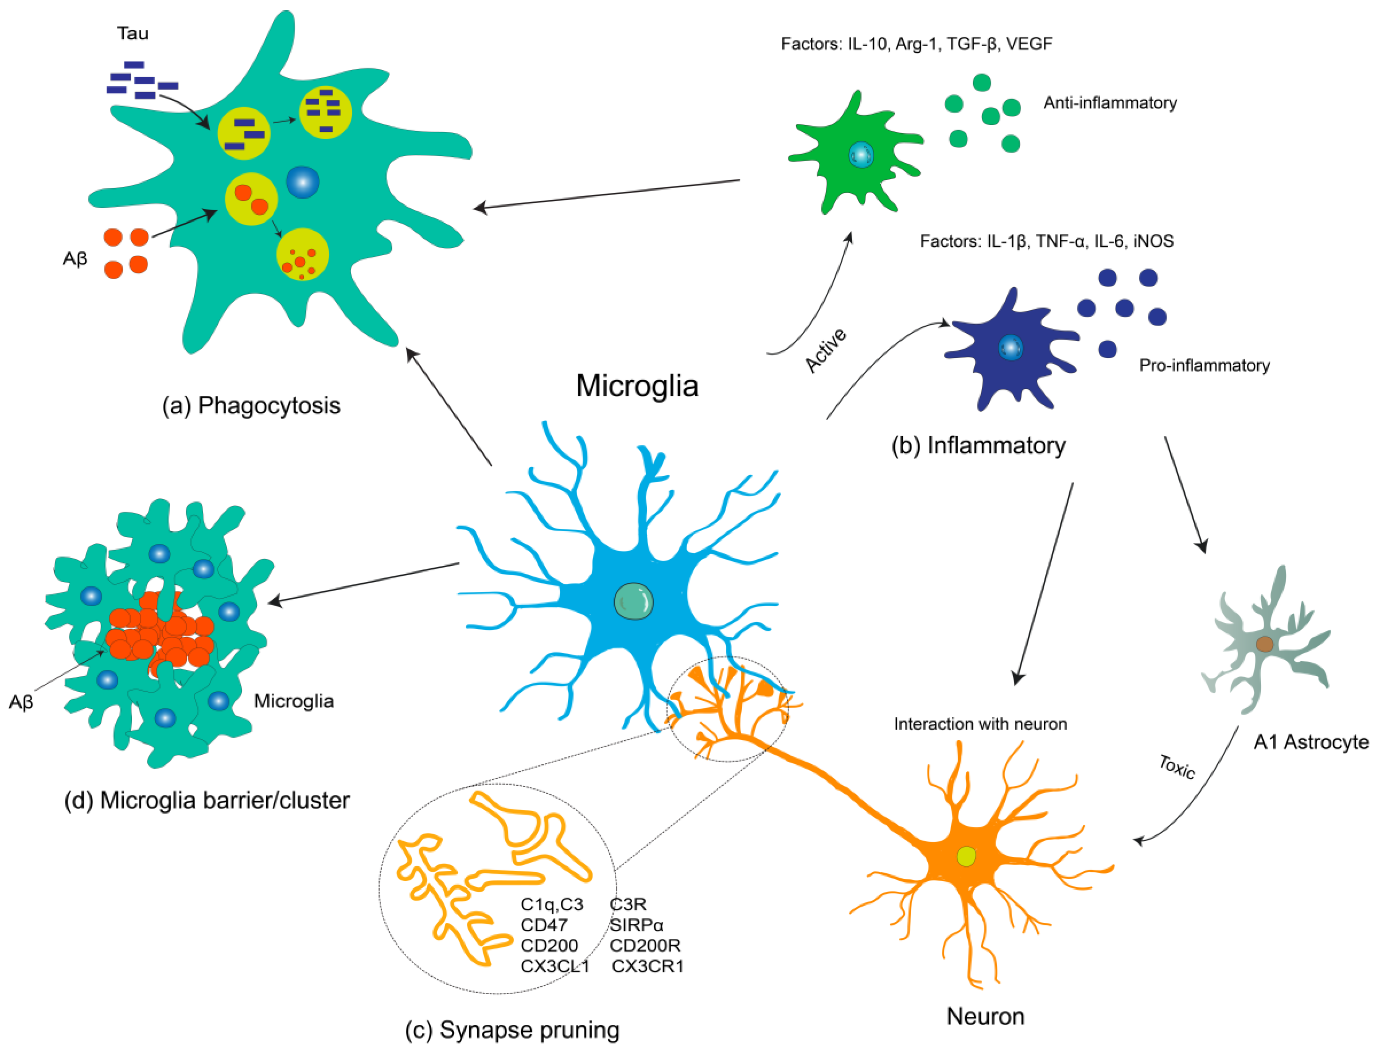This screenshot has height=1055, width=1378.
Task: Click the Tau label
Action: point(133,33)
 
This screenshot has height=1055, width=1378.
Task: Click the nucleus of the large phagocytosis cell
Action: point(303,182)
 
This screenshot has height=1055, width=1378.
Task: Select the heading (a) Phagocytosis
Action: point(251,406)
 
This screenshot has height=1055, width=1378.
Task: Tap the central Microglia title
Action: point(637,385)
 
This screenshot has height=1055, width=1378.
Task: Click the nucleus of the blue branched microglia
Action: point(633,601)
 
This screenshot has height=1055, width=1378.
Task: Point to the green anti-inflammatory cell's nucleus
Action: point(860,154)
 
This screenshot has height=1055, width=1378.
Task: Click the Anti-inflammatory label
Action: point(1110,103)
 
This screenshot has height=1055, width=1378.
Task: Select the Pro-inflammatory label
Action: point(1204,366)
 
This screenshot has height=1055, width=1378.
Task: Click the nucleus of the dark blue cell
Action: point(1010,347)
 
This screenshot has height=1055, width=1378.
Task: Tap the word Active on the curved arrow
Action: point(826,350)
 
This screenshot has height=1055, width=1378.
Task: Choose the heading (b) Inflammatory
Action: point(978,446)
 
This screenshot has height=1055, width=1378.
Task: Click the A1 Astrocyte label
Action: point(1311,742)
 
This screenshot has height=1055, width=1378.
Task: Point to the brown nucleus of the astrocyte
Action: point(1264,644)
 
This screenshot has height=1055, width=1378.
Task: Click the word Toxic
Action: point(1176,767)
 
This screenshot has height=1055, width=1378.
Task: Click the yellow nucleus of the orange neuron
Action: point(966,856)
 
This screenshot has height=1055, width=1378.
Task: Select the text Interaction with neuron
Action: point(980,724)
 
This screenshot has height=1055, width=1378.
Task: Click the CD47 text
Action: point(544,925)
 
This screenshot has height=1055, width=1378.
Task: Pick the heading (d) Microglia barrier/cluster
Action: point(207,801)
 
